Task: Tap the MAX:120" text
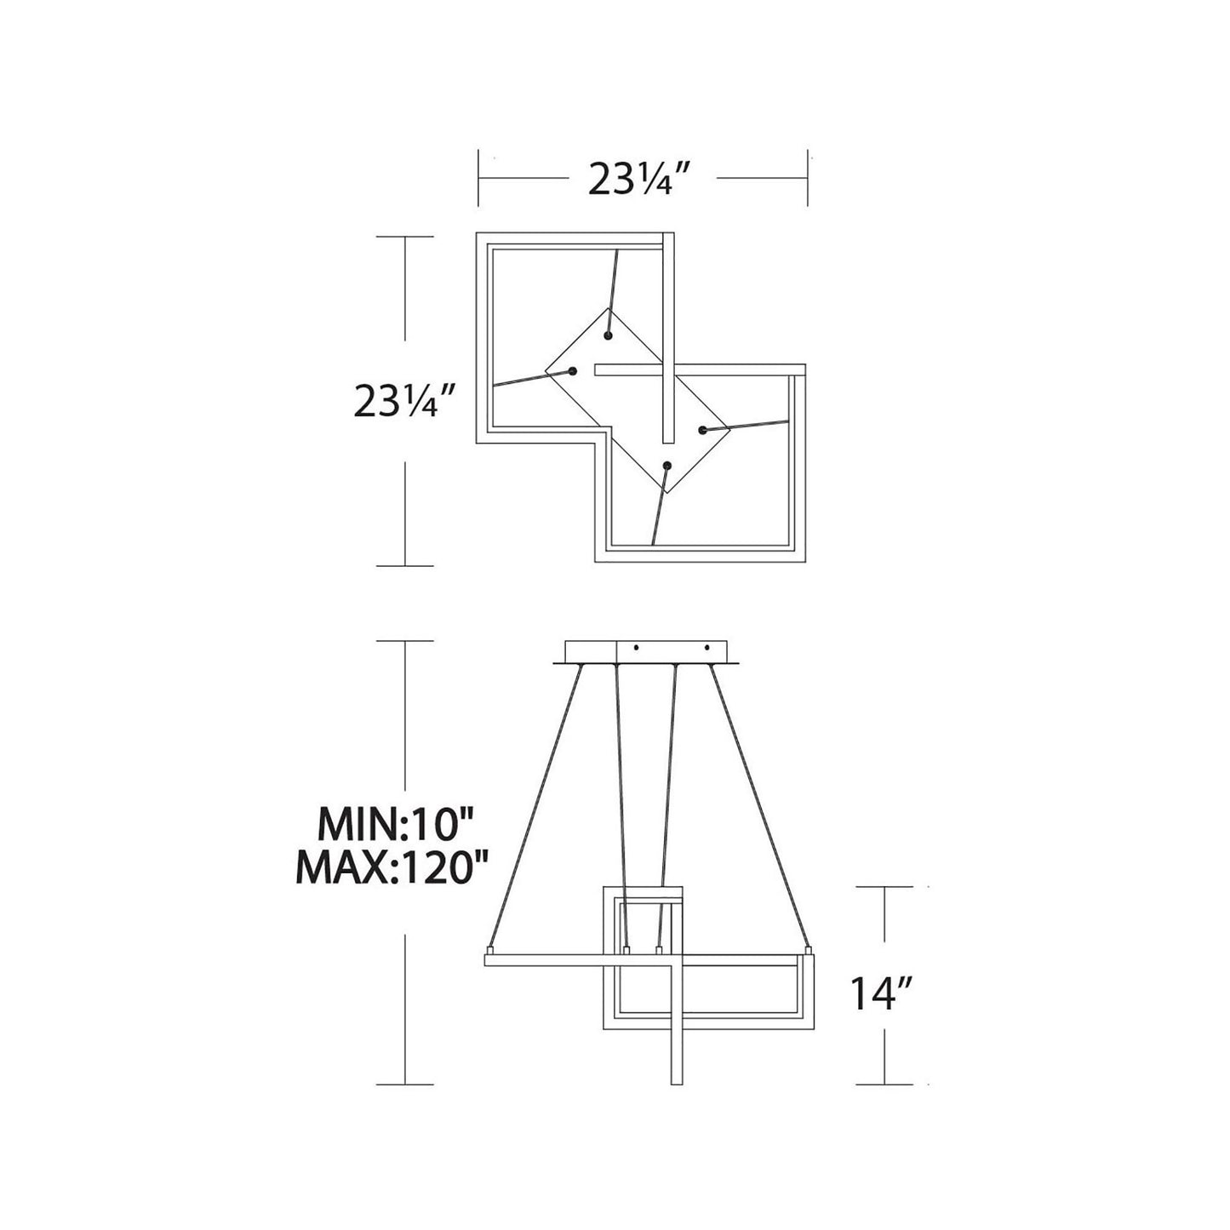tap(392, 867)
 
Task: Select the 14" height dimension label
tap(882, 993)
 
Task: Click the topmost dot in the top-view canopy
tap(608, 335)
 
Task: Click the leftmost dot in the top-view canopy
tap(573, 370)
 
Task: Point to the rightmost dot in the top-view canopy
tap(702, 431)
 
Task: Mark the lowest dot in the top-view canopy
tap(667, 466)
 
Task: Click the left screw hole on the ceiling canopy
tap(636, 649)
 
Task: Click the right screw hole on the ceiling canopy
tap(708, 649)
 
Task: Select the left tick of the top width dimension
tap(479, 179)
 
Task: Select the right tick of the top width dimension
tap(807, 179)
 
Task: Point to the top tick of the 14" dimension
tap(885, 887)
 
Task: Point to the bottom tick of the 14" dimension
tap(885, 1084)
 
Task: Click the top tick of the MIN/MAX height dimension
tap(405, 640)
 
